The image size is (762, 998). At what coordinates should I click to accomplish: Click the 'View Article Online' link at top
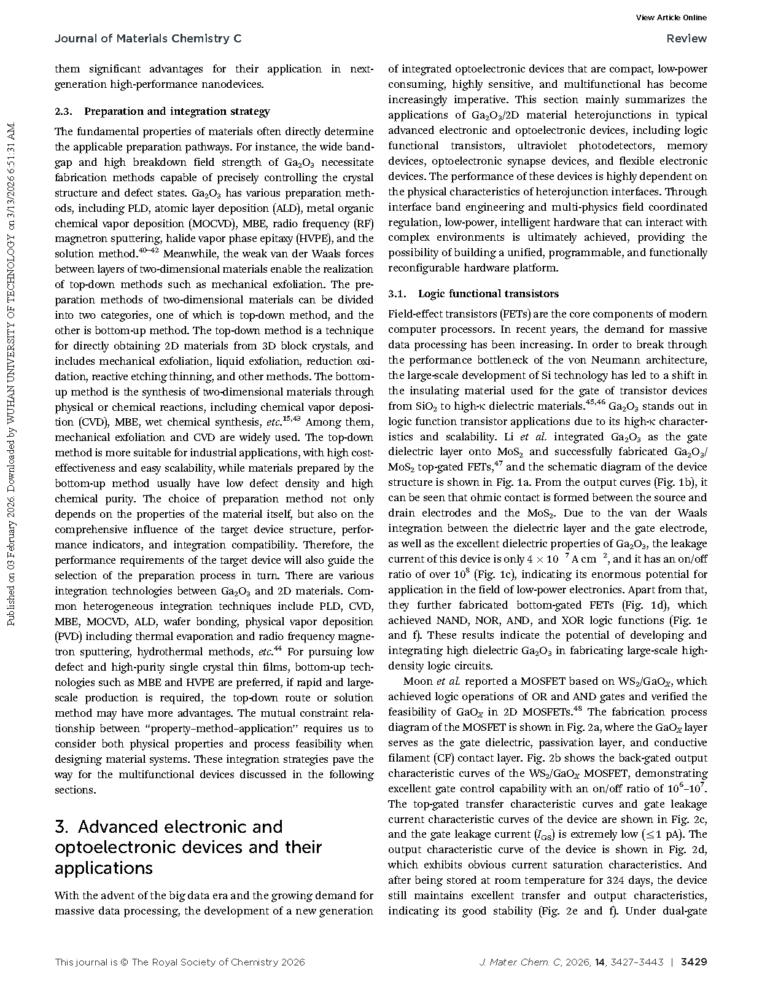671,17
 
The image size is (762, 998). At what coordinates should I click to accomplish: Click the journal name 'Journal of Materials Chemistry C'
148,39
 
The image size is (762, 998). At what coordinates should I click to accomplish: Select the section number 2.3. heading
64,111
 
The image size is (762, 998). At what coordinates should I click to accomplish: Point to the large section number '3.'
62,827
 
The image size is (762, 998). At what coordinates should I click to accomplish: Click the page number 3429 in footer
694,962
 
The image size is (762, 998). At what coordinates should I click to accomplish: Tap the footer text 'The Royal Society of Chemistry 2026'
218,962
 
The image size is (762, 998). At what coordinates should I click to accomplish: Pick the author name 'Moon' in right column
418,681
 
